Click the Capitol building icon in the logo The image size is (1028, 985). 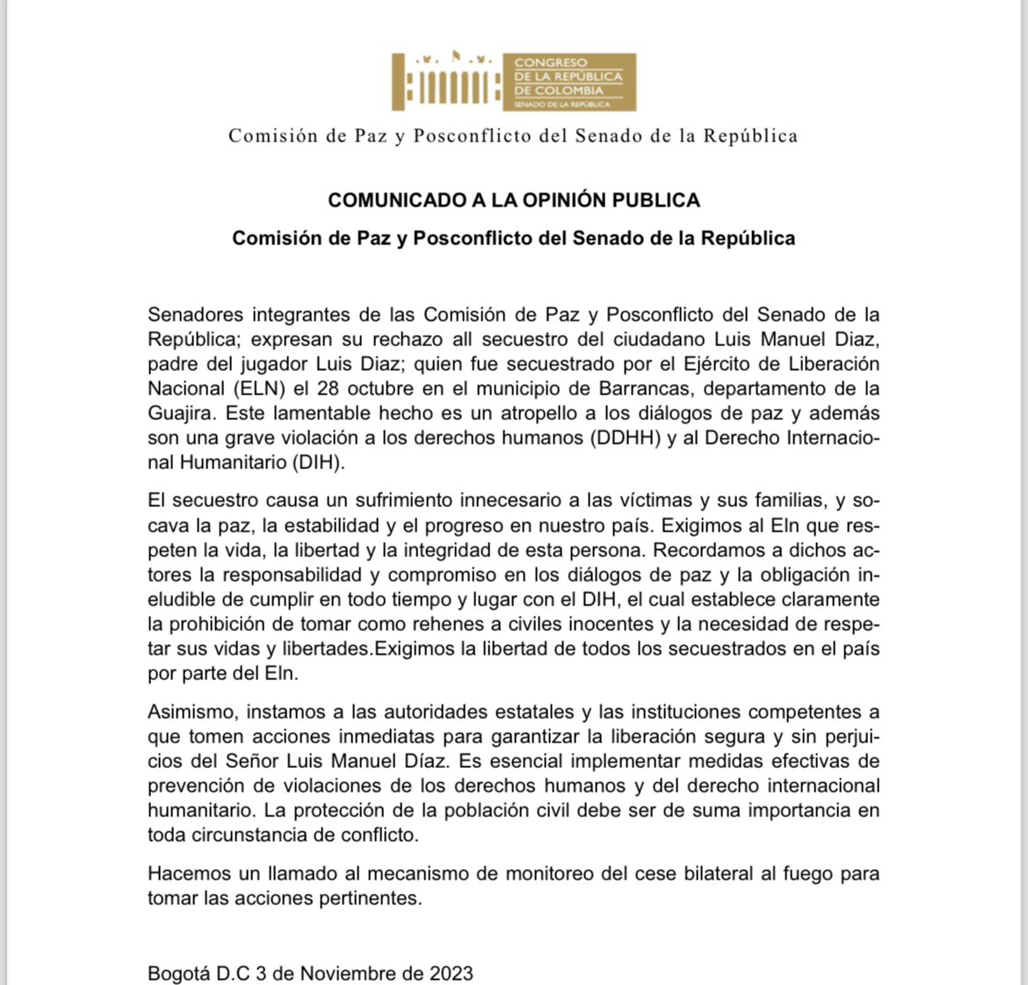[446, 82]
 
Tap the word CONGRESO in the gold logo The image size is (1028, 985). [550, 62]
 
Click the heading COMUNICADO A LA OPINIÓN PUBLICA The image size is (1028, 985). [514, 200]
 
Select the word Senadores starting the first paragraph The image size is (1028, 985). [194, 315]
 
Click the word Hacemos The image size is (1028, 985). [188, 873]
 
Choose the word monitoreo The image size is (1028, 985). [536, 873]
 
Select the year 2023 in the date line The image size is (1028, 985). [451, 974]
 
